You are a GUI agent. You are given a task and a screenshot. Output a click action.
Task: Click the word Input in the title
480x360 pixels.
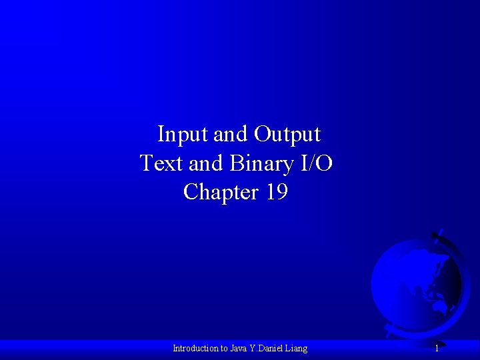pos(182,135)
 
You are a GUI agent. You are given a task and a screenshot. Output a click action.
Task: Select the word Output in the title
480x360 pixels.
pos(287,135)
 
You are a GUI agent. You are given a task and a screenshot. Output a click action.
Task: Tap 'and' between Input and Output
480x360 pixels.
pos(230,135)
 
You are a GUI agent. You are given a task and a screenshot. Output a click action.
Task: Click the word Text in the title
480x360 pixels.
pos(161,163)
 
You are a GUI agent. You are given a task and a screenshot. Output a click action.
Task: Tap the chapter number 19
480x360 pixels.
pos(277,192)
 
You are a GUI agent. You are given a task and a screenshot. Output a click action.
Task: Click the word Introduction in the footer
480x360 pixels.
pos(195,348)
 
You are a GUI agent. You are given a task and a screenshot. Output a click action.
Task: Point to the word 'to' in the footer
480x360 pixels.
pos(225,348)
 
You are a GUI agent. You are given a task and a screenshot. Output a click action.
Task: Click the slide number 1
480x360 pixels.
pos(437,348)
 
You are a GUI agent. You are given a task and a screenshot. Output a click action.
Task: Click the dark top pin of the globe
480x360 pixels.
pos(437,234)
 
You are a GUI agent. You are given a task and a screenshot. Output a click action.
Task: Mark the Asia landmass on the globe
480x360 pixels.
pos(427,273)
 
